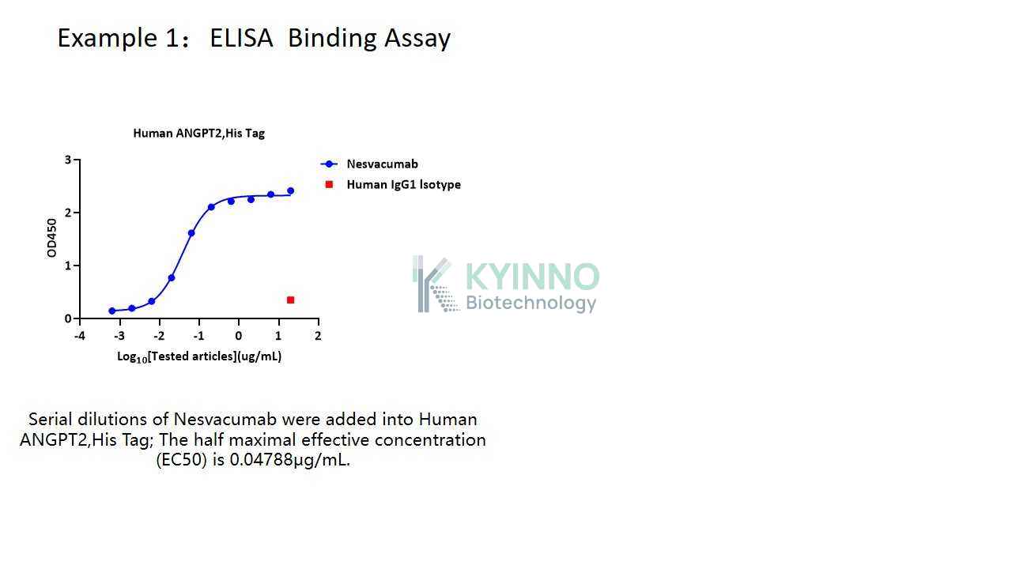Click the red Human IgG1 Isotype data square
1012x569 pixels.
(290, 300)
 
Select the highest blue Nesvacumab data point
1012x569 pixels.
(290, 191)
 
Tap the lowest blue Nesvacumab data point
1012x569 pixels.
(112, 311)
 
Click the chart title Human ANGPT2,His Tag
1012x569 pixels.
(198, 134)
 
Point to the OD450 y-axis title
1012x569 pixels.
(52, 238)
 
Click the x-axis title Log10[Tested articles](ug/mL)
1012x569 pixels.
(199, 356)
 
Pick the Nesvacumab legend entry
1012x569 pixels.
(369, 164)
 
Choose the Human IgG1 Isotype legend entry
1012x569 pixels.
(393, 185)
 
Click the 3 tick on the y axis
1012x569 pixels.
(68, 160)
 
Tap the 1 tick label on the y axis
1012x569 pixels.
(68, 266)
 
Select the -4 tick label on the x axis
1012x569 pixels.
(80, 336)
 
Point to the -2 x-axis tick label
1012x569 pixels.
(159, 336)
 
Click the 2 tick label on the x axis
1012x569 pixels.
(318, 336)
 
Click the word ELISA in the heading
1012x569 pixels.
(241, 37)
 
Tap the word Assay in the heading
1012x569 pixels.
(417, 39)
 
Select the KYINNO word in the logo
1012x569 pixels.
(532, 277)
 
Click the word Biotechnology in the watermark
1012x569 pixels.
(531, 303)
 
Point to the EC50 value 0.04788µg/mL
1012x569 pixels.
(289, 460)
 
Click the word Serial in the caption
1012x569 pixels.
(50, 420)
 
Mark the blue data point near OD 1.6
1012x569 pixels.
(191, 233)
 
